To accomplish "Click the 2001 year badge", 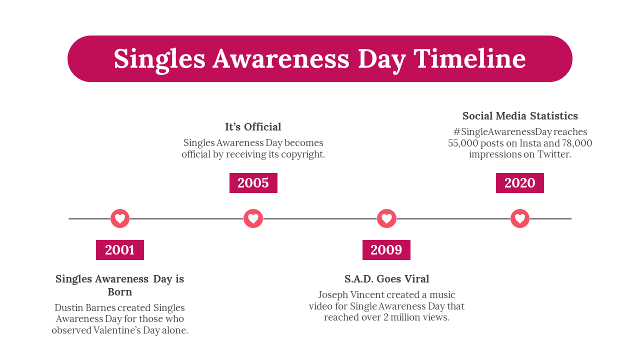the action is tap(119, 250).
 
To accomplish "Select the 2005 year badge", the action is tap(253, 183).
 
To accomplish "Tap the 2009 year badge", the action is tap(386, 250).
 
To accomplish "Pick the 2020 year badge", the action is tap(519, 183).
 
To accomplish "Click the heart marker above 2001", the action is tap(120, 218).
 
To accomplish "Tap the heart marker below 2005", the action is tap(253, 218).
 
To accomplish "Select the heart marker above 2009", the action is tap(386, 218).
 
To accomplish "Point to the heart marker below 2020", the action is tap(520, 218).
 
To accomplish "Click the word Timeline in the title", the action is tap(469, 58).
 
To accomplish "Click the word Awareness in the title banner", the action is tap(281, 59).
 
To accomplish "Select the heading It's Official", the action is tap(253, 127).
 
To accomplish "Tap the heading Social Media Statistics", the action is tap(520, 115).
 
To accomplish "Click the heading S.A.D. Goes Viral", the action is tap(386, 279).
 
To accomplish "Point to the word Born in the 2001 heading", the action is tap(119, 292).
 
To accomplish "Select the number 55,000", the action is tap(463, 143).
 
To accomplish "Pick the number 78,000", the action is tap(577, 143).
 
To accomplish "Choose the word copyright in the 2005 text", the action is tap(302, 155).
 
